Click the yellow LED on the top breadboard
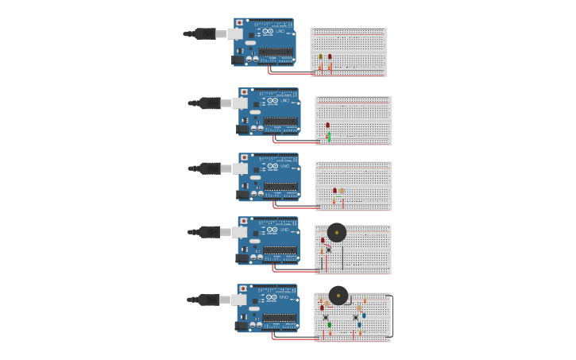point(321,56)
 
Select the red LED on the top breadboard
point(330,56)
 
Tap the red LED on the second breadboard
point(327,125)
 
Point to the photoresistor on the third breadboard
point(342,191)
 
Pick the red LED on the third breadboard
point(334,191)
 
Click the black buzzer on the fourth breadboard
point(337,233)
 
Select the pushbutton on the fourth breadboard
point(328,250)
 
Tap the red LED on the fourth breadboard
point(323,240)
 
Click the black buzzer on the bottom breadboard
point(338,295)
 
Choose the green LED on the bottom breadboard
point(330,324)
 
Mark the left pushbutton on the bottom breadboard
point(326,316)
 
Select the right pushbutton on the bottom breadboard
point(355,316)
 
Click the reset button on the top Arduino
point(239,23)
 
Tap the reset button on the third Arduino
point(244,158)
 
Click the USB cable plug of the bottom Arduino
point(209,300)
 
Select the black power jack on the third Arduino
point(243,195)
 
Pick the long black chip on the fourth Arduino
point(280,250)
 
